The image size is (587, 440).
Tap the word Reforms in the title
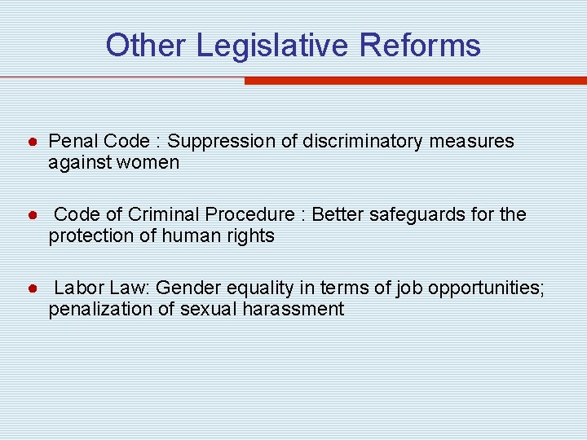[421, 46]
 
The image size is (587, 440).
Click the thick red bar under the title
[415, 81]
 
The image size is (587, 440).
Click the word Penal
[70, 142]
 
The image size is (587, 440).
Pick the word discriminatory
[362, 142]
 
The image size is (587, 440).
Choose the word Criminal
[162, 215]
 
